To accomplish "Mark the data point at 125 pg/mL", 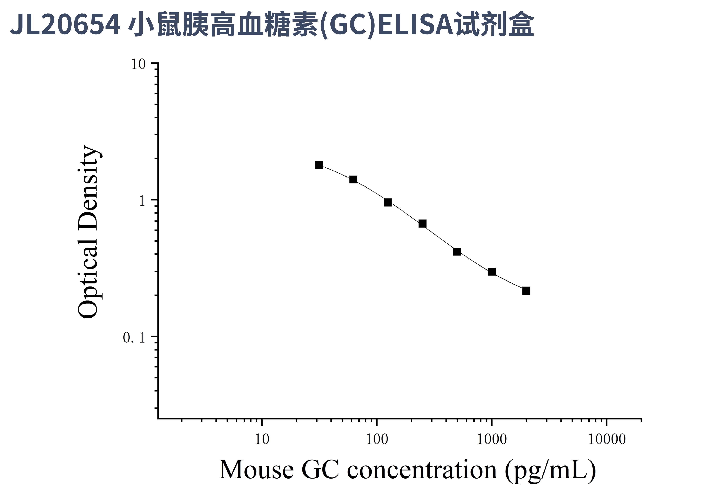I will pos(388,202).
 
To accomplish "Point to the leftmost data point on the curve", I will pos(318,165).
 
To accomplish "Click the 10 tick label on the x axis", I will pos(262,439).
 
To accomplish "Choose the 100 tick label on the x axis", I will pos(377,439).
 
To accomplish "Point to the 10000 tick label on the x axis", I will pos(607,439).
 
